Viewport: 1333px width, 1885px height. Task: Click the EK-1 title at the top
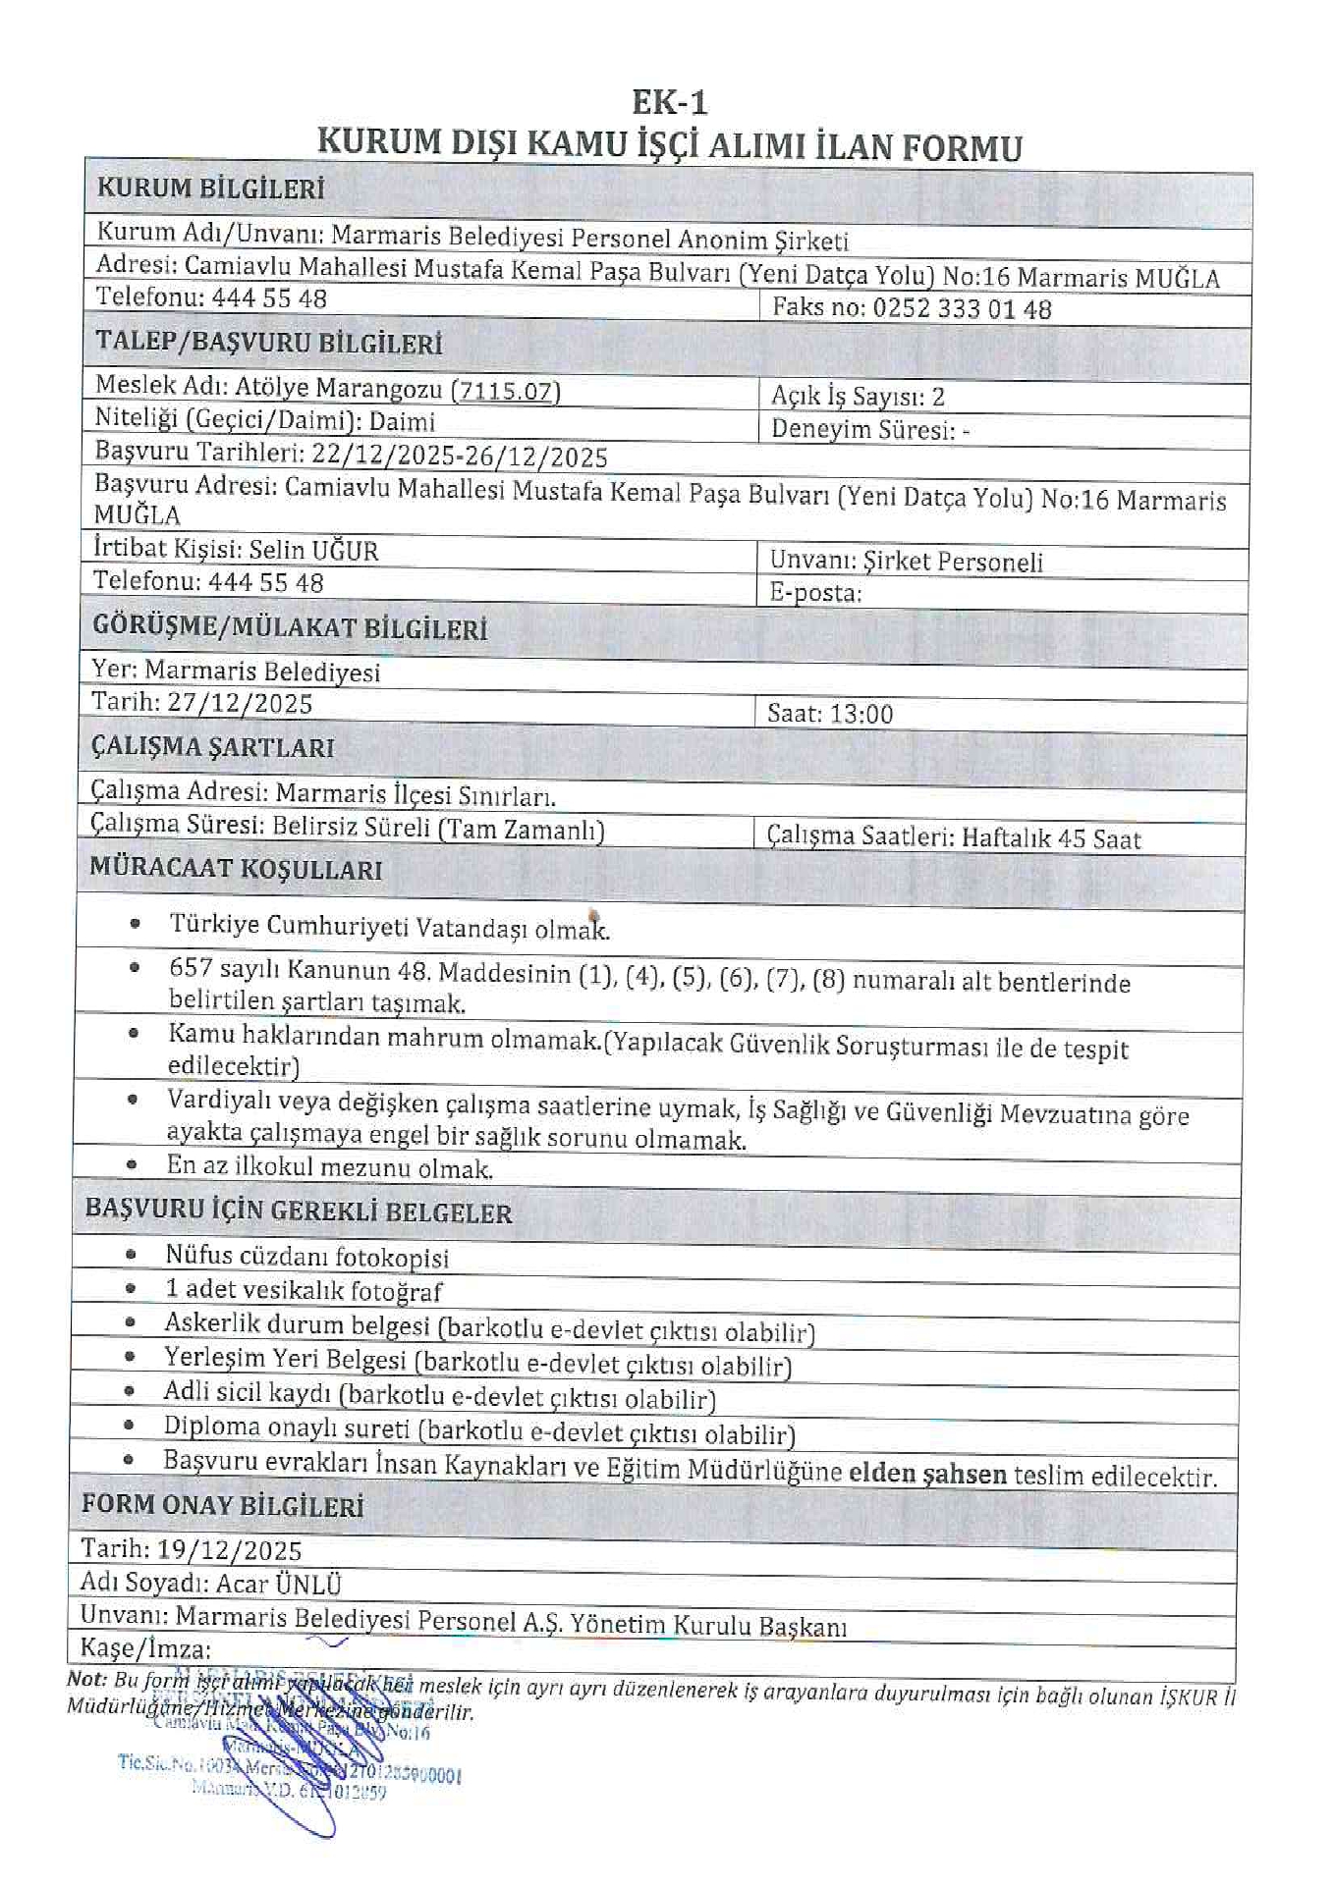[x=669, y=102]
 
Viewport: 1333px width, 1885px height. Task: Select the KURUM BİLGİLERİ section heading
[x=210, y=188]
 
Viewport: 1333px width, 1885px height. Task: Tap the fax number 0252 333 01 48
[x=962, y=309]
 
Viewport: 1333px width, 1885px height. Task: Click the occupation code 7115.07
[x=506, y=391]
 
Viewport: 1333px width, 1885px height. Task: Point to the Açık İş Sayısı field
[x=858, y=397]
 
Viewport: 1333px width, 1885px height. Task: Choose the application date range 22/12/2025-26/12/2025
[x=459, y=456]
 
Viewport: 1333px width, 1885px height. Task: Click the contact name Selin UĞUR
[x=313, y=550]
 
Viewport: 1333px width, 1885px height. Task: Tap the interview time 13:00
[x=860, y=714]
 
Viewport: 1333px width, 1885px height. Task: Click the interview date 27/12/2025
[x=239, y=704]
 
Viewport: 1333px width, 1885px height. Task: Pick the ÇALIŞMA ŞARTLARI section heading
[x=212, y=747]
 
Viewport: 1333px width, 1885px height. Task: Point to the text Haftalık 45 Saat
[x=1051, y=838]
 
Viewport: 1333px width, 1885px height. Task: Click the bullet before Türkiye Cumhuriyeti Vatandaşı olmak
[x=135, y=924]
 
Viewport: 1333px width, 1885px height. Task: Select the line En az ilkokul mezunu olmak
[x=329, y=1167]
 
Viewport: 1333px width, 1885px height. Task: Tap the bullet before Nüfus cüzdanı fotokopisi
[x=131, y=1255]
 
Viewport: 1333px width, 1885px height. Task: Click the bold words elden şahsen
[x=927, y=1474]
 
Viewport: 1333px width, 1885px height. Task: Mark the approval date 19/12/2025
[x=229, y=1550]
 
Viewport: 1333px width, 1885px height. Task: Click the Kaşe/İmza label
[x=145, y=1648]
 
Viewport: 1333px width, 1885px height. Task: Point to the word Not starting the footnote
[x=85, y=1679]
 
